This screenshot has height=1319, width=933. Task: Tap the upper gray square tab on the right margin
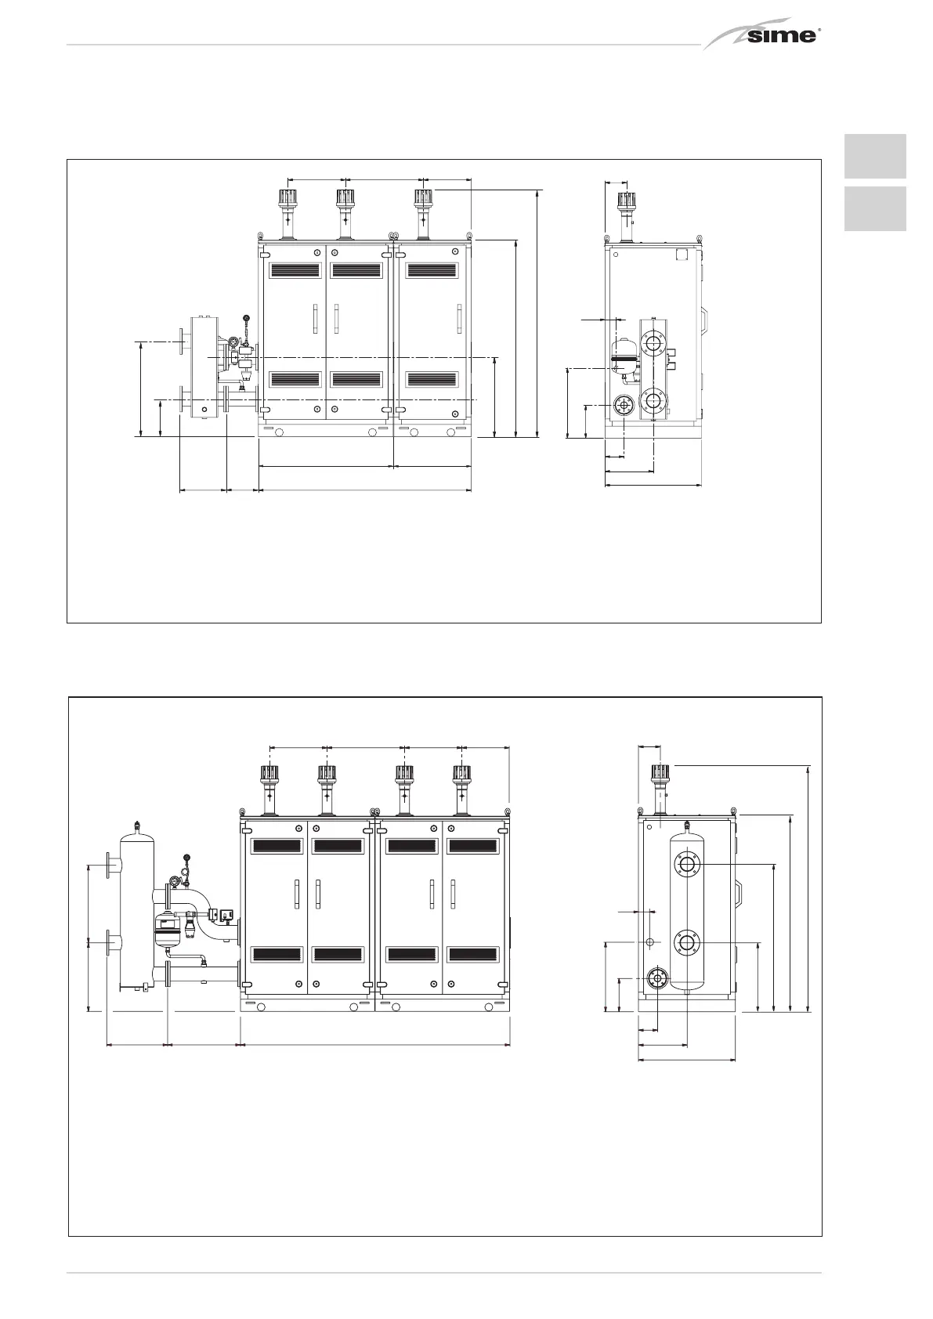click(x=875, y=156)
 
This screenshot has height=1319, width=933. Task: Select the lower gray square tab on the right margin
click(x=875, y=209)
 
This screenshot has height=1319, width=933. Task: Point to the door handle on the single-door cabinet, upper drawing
click(x=458, y=319)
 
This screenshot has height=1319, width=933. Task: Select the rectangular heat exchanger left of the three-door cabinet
click(x=204, y=367)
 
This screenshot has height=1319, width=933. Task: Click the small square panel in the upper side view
click(x=682, y=255)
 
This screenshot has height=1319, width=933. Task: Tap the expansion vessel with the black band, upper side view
click(x=624, y=356)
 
